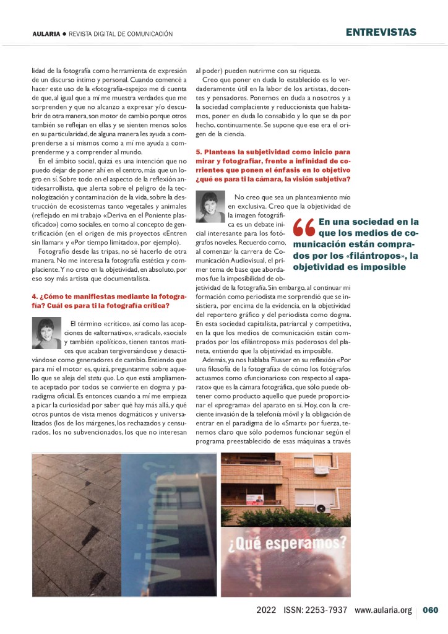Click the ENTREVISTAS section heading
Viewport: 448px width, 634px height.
pyautogui.click(x=381, y=32)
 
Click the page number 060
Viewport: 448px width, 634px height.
pyautogui.click(x=431, y=610)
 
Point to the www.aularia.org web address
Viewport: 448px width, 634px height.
pyautogui.click(x=383, y=610)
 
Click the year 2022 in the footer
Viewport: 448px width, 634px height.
pyautogui.click(x=266, y=610)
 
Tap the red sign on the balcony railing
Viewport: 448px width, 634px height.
pyautogui.click(x=254, y=499)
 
